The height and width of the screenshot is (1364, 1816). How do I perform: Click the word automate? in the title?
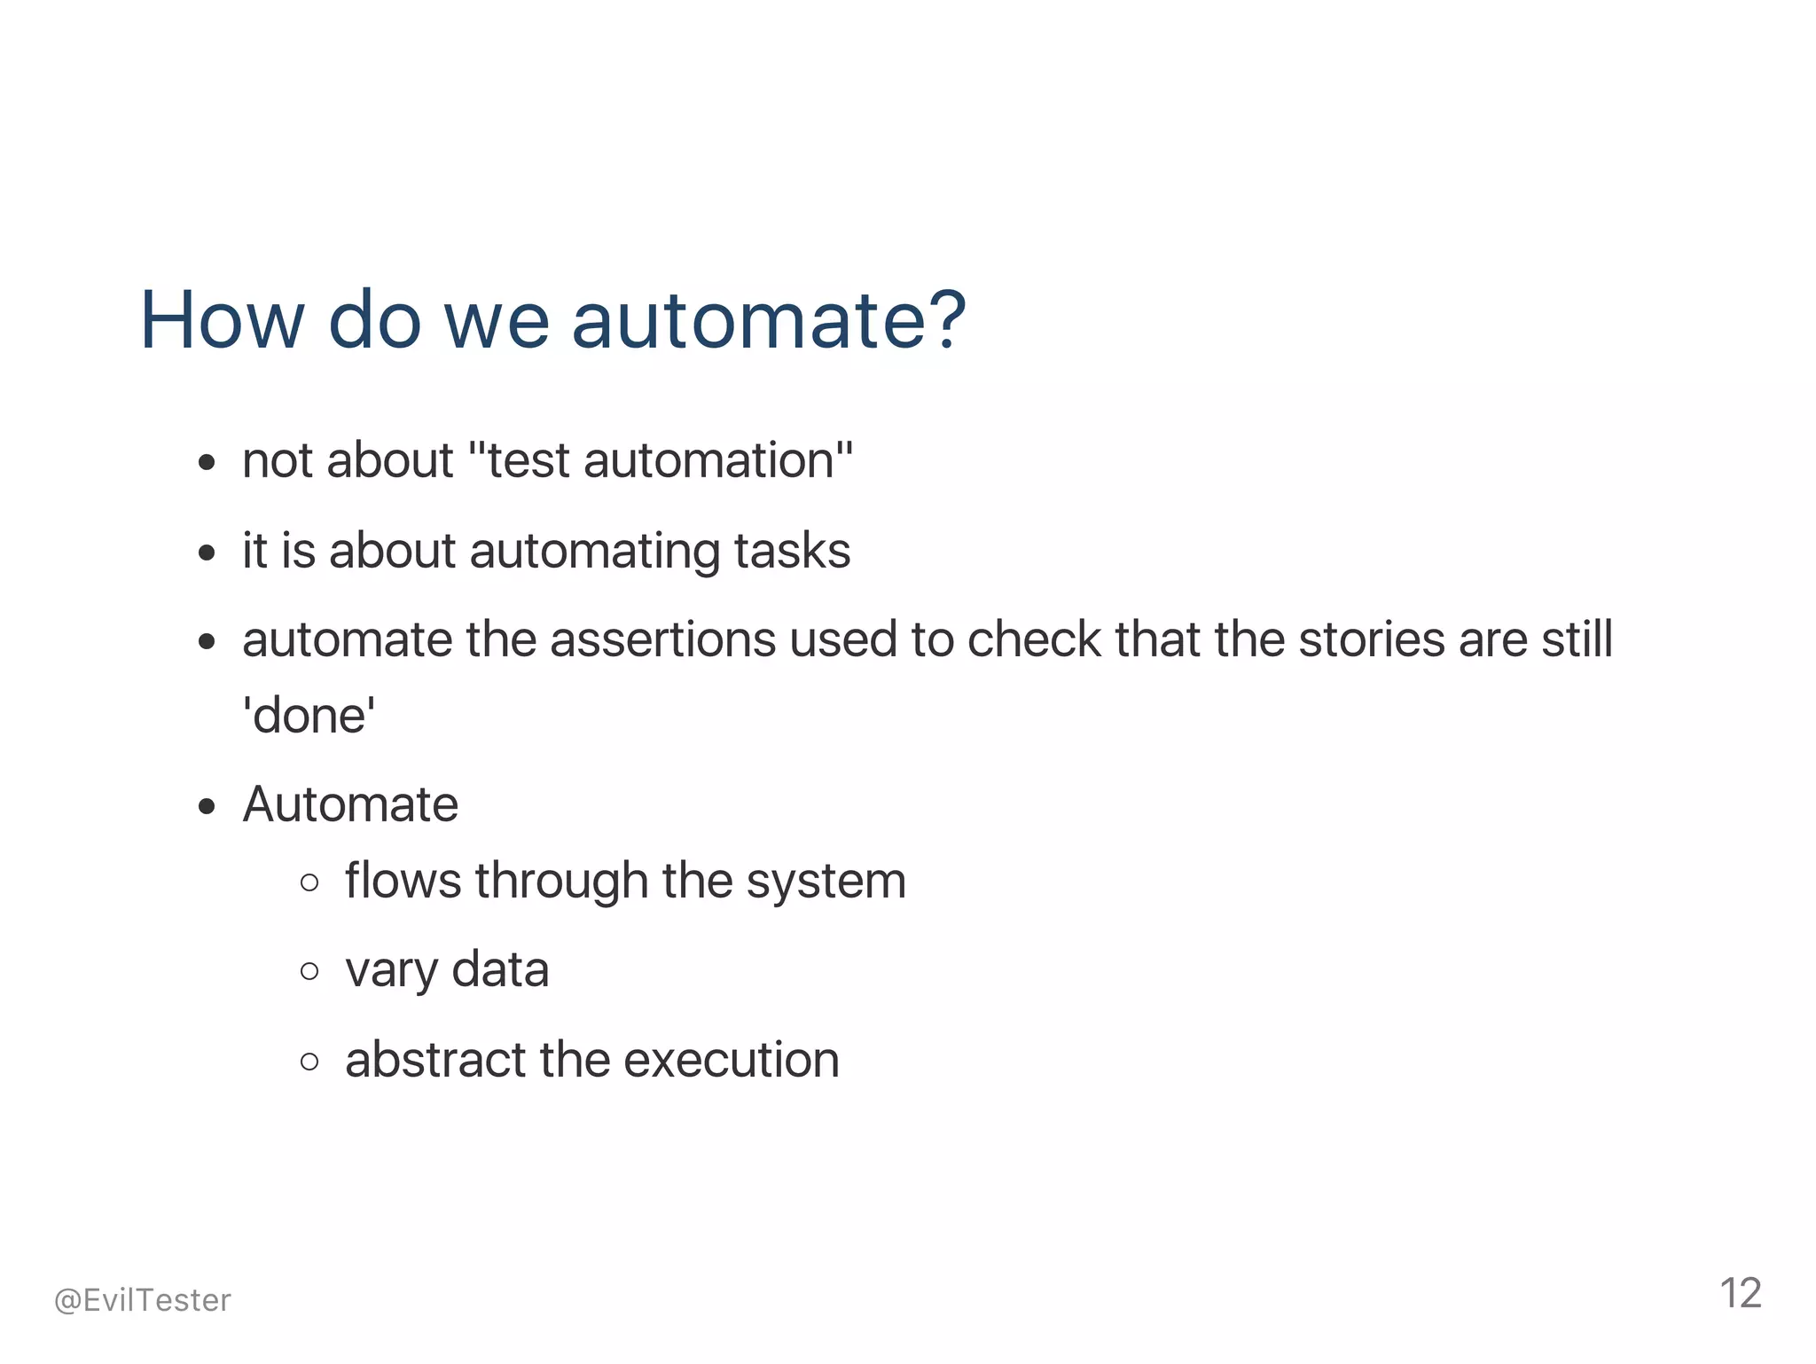click(x=768, y=321)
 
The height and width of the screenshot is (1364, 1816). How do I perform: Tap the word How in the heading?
click(x=222, y=321)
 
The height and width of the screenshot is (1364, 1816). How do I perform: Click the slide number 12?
click(x=1740, y=1294)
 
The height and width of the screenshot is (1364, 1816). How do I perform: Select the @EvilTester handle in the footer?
click(x=143, y=1300)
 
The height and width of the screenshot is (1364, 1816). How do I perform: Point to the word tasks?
click(x=792, y=551)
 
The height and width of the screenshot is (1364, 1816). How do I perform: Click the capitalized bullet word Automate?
click(x=350, y=805)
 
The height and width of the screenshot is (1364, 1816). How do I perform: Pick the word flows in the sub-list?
click(x=403, y=882)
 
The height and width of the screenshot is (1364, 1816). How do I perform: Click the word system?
click(x=826, y=882)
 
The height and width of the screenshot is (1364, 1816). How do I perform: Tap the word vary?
click(x=391, y=970)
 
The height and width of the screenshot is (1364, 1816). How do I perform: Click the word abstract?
click(x=435, y=1060)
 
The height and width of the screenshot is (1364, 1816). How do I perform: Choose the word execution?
click(x=732, y=1060)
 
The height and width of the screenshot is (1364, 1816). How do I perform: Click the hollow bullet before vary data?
click(x=309, y=971)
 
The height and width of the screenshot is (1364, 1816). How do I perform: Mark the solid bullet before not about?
click(x=207, y=463)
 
